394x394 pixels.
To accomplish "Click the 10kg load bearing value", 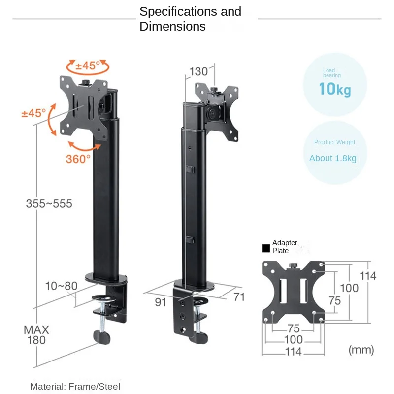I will pyautogui.click(x=335, y=89).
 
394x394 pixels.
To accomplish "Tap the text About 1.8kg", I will pyautogui.click(x=332, y=158).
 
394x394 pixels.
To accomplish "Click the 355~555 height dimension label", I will pyautogui.click(x=49, y=203).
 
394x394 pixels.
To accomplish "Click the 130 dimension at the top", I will pyautogui.click(x=198, y=71).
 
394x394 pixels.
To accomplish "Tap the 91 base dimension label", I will pyautogui.click(x=161, y=302).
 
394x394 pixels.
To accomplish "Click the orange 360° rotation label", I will pyautogui.click(x=78, y=159).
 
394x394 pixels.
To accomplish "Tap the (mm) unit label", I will pyautogui.click(x=361, y=350).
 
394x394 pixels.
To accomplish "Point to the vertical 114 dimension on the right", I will pyautogui.click(x=367, y=275).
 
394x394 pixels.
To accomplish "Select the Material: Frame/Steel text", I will pyautogui.click(x=75, y=387).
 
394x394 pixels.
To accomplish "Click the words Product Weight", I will pyautogui.click(x=334, y=142).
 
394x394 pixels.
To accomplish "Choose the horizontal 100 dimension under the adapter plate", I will pyautogui.click(x=293, y=340).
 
